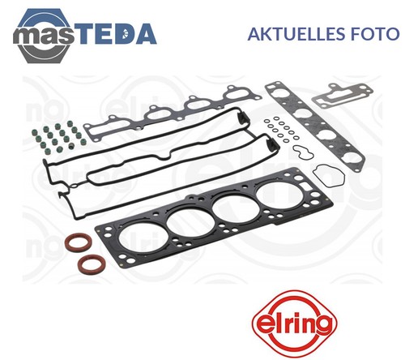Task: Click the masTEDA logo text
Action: [85, 33]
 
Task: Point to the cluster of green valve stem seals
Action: [59, 135]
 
